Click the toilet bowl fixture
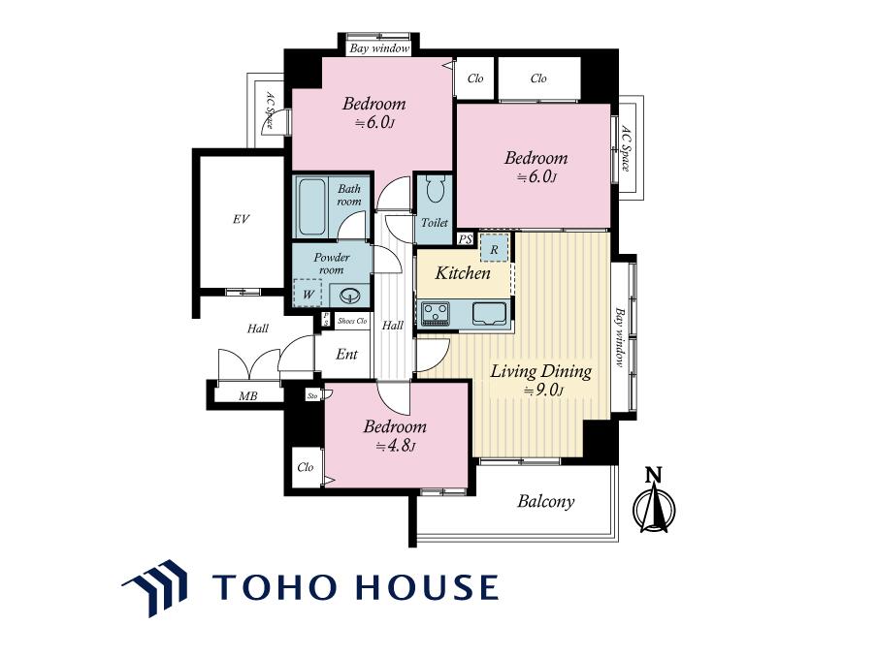click(x=435, y=189)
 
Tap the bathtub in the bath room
click(x=311, y=206)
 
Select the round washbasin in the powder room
click(x=350, y=295)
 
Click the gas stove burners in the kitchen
click(x=436, y=313)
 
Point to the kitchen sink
click(x=489, y=313)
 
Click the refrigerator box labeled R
click(x=494, y=248)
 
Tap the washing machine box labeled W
click(x=309, y=294)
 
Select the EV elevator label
click(x=241, y=219)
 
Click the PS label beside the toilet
click(x=466, y=239)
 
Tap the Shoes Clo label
click(x=352, y=321)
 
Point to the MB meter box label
click(x=247, y=396)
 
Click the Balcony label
click(x=545, y=501)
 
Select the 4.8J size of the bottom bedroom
click(x=395, y=446)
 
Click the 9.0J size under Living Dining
click(x=542, y=391)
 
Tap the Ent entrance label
click(x=346, y=355)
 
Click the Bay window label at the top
click(x=379, y=48)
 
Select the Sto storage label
click(x=312, y=396)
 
